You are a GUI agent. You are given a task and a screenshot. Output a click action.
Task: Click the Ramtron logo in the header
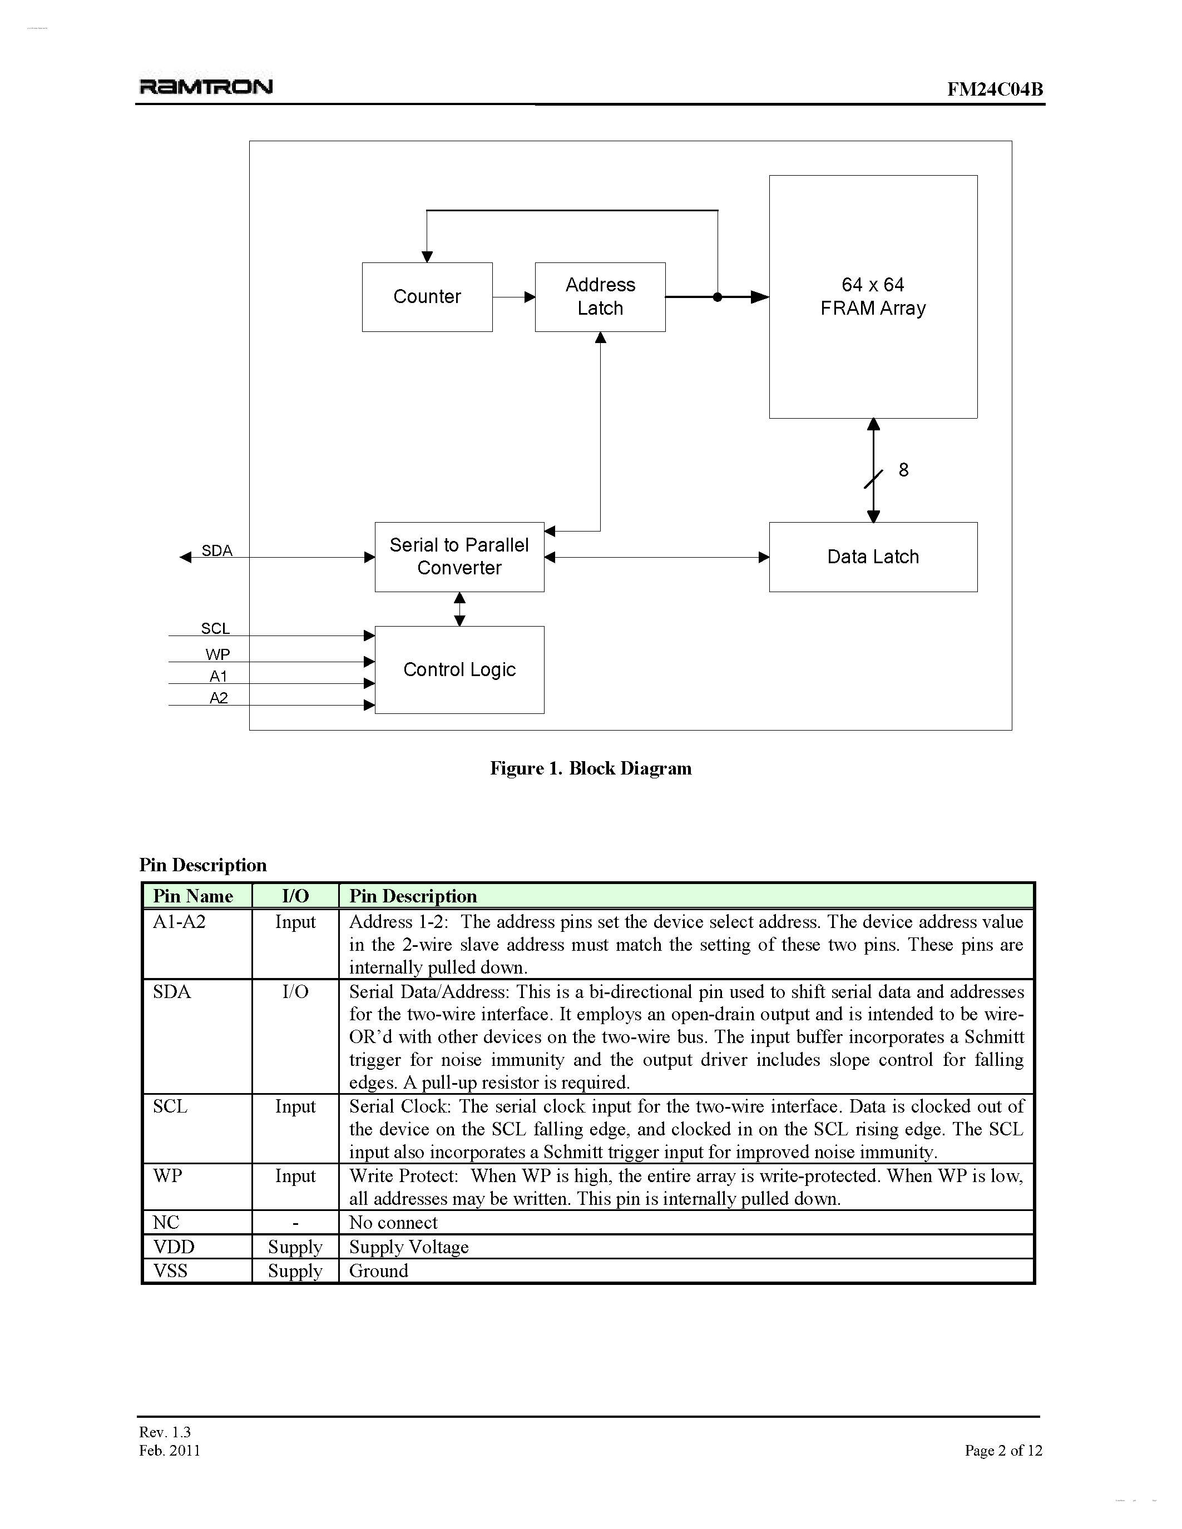coord(206,87)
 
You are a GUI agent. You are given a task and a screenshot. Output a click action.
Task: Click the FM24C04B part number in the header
coord(995,89)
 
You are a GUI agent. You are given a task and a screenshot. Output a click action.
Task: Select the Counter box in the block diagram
coord(427,297)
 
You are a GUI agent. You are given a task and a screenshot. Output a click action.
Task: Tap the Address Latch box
coord(600,297)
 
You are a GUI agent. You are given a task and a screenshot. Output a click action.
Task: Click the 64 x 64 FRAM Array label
coord(873,296)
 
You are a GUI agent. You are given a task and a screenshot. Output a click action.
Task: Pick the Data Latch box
coord(873,557)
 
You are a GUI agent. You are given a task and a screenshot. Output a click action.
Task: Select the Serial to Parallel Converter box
coord(459,557)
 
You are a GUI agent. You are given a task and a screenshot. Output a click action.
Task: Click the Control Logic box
coord(459,670)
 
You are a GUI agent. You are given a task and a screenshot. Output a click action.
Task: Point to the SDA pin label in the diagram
coord(217,550)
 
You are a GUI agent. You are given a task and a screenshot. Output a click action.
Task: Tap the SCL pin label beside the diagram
coord(215,629)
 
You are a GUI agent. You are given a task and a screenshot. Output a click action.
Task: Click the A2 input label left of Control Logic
coord(219,698)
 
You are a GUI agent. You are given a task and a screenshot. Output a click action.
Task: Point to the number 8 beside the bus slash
coord(903,470)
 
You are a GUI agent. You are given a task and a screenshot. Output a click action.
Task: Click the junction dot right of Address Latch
coord(717,297)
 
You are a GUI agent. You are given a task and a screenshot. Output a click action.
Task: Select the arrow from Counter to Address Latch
coord(514,297)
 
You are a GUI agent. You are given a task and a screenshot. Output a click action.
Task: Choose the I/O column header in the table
coord(295,896)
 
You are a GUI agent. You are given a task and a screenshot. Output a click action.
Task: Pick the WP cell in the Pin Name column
coord(167,1175)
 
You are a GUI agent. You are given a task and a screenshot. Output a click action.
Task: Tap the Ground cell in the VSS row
coord(378,1270)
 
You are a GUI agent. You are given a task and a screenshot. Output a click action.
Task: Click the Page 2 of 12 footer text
coord(1003,1450)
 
